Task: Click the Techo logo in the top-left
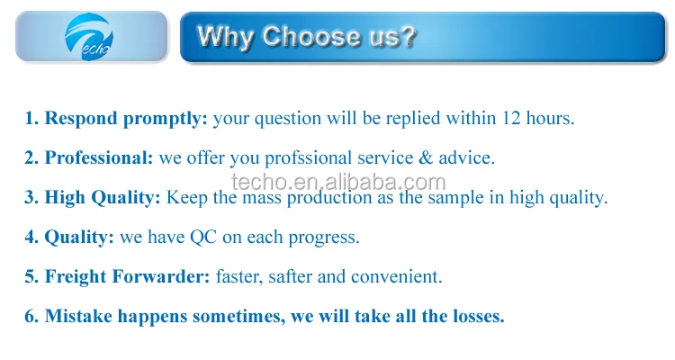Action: point(89,37)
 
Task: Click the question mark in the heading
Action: point(408,36)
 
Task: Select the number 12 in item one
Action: point(511,118)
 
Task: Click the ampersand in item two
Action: point(426,157)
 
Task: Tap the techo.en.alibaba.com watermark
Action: point(338,182)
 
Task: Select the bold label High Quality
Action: point(103,198)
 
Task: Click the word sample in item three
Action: point(455,198)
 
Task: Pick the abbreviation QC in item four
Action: point(203,238)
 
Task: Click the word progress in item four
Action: point(324,238)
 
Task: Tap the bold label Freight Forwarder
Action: point(128,277)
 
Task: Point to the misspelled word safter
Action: point(290,276)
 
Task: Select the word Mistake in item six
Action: point(79,316)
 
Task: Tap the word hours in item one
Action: point(550,118)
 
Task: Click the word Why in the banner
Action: point(225,37)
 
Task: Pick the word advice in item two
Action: point(466,157)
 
